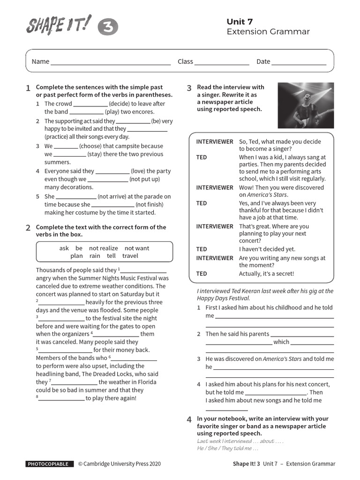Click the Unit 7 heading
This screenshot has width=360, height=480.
[240, 22]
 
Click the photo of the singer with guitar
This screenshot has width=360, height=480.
[306, 105]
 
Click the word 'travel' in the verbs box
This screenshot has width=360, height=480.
[130, 256]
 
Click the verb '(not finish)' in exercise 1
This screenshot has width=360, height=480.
[150, 204]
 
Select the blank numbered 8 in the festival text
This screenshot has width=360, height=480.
[61, 399]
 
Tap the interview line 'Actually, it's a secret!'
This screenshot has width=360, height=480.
[267, 274]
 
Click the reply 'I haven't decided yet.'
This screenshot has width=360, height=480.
[267, 249]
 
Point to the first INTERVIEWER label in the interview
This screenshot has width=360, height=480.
[214, 142]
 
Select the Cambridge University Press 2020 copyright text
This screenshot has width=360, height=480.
[119, 464]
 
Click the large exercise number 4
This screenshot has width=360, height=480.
[189, 420]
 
